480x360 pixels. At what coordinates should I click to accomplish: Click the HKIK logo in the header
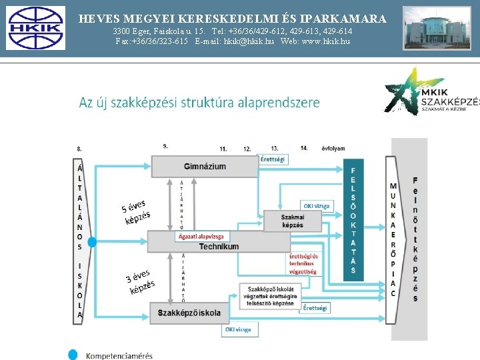(x=34, y=29)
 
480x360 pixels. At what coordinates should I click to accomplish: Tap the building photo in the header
(x=437, y=29)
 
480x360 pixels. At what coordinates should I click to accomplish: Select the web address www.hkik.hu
(x=315, y=41)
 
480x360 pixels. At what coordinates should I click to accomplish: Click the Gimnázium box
(x=205, y=166)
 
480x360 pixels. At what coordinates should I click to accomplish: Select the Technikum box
(x=219, y=246)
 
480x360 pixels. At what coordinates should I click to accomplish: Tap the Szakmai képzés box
(x=293, y=221)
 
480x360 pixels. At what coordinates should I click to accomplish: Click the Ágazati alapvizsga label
(x=202, y=236)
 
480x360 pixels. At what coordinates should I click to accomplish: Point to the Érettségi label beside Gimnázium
(x=273, y=159)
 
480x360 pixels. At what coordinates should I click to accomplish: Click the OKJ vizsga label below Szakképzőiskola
(x=238, y=329)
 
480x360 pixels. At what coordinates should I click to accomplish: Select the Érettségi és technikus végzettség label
(x=303, y=264)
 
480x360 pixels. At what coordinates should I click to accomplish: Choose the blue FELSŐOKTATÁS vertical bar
(x=353, y=219)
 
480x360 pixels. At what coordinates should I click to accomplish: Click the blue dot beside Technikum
(x=92, y=241)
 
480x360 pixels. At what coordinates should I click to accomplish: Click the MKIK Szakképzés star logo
(x=430, y=92)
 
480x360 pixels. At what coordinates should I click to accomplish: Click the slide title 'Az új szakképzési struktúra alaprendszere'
(x=199, y=103)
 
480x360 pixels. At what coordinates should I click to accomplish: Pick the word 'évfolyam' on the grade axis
(x=333, y=148)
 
